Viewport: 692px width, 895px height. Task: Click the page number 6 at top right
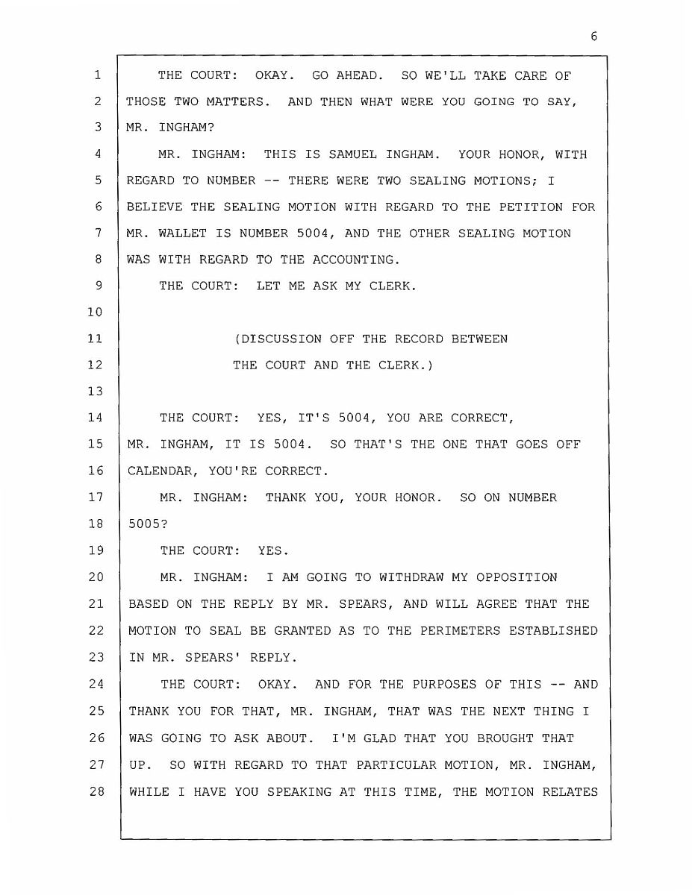[x=593, y=37]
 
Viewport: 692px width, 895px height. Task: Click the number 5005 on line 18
[x=142, y=524]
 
